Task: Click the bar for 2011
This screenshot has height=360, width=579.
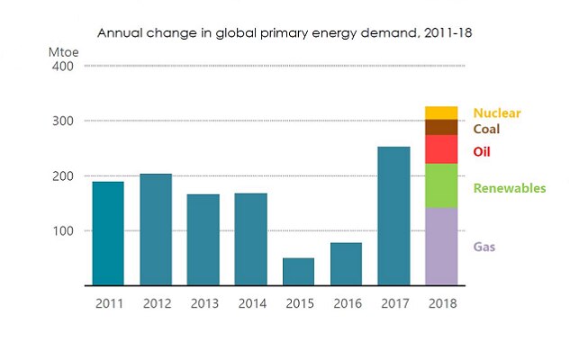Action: click(108, 233)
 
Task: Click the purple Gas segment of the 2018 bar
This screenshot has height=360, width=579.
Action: click(441, 247)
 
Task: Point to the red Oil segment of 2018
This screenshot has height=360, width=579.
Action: click(441, 149)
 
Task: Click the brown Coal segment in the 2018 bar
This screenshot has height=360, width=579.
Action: click(441, 127)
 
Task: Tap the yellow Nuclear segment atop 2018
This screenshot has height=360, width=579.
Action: click(441, 112)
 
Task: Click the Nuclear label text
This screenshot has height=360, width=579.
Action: click(497, 113)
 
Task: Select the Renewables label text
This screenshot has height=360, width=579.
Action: click(510, 188)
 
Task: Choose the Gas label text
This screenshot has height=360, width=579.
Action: click(484, 247)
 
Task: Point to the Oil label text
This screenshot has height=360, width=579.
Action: click(482, 151)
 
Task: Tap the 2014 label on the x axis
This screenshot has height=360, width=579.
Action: click(250, 303)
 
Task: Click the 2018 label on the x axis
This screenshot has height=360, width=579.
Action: click(441, 303)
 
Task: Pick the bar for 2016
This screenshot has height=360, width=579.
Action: click(346, 264)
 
